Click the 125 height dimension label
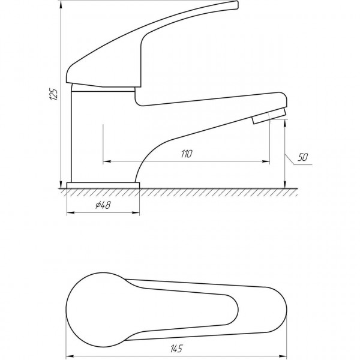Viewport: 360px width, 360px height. click(54, 94)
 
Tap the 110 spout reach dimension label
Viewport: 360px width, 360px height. click(187, 154)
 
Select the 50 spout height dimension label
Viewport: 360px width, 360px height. click(302, 157)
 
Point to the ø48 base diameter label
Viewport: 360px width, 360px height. click(103, 205)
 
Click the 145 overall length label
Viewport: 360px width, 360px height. click(176, 349)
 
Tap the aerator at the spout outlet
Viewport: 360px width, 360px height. click(269, 116)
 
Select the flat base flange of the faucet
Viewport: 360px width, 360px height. click(103, 185)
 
